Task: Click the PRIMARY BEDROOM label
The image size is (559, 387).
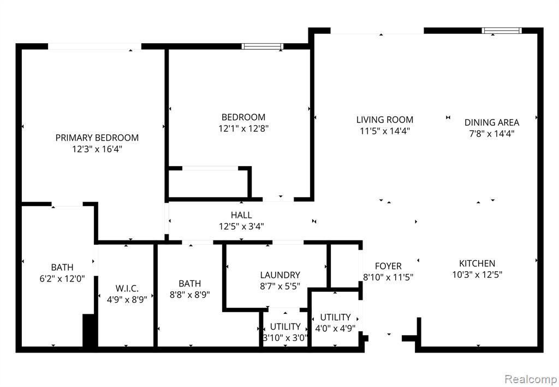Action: coord(97,137)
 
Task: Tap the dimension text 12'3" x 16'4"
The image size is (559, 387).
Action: coord(97,149)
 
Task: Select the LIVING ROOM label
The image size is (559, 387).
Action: coord(385,120)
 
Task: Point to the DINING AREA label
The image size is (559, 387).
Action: coord(492,122)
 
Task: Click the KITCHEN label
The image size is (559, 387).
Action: coord(477,263)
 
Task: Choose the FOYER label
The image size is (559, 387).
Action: coord(388,266)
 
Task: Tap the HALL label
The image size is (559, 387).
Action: coord(241,215)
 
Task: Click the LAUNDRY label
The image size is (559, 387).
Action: coord(280,275)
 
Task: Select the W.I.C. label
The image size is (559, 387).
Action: coord(127,289)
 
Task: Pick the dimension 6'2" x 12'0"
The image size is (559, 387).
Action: coord(62,278)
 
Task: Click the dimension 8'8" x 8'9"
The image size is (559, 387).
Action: coord(189,295)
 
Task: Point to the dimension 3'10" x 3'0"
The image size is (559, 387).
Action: coord(285,338)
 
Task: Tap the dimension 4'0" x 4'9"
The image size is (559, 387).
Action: coord(335,328)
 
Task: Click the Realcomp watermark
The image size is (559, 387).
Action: coord(531,379)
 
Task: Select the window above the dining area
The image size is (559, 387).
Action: coord(502,31)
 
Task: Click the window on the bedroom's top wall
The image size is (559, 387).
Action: coord(263,46)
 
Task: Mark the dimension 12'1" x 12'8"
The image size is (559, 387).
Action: coord(243,128)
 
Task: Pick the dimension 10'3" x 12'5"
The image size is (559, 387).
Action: coord(477,274)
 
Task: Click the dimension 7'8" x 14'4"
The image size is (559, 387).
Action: coord(492,134)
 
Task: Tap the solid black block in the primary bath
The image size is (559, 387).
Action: coord(90,330)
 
